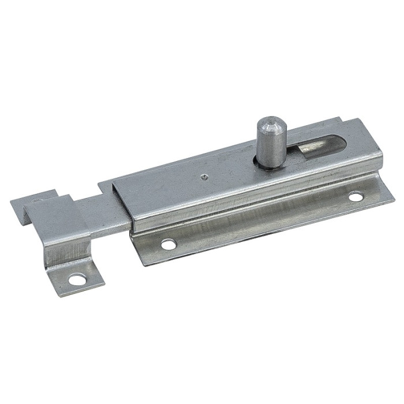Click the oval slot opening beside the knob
(x=315, y=144)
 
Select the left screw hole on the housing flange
(x=168, y=245)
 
